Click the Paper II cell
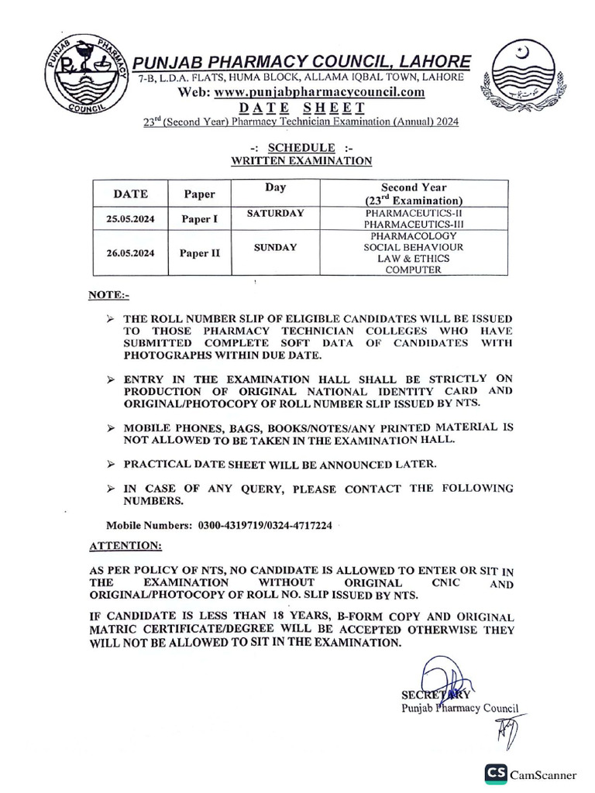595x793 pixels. [200, 252]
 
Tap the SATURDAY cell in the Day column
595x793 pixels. [276, 212]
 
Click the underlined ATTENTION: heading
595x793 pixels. [126, 546]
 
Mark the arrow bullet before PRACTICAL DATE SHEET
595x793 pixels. [111, 464]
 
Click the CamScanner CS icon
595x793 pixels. [496, 773]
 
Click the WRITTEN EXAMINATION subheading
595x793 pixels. [301, 160]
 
